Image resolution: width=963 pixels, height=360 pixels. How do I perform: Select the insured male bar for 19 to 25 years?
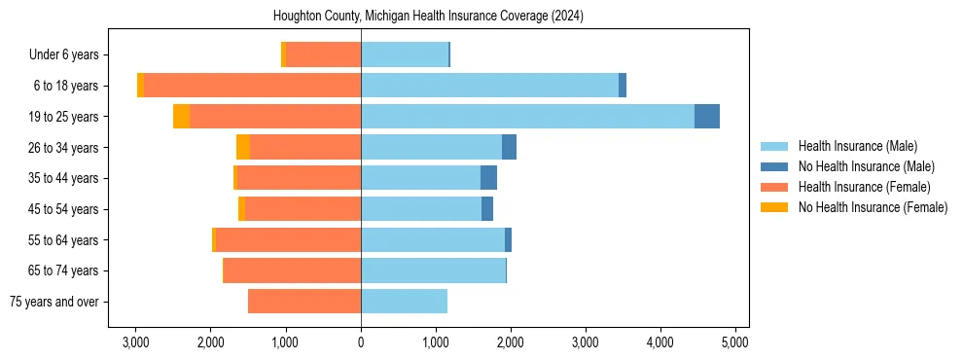[527, 117]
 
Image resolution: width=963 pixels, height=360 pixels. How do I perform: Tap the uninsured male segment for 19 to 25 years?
[707, 117]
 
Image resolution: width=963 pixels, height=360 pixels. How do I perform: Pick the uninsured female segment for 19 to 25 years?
[181, 117]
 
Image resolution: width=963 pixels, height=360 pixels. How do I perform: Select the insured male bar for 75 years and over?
[404, 302]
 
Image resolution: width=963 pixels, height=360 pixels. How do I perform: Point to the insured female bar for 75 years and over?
[304, 302]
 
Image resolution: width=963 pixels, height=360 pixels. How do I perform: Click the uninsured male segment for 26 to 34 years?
[509, 148]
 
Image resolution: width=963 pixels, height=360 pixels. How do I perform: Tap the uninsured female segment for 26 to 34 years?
[242, 148]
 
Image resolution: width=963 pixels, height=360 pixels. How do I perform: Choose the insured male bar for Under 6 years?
[405, 55]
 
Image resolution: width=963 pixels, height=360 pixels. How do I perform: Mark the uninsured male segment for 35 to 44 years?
[488, 178]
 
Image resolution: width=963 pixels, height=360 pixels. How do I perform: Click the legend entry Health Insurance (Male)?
[857, 146]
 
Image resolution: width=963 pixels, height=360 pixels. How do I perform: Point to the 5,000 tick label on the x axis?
[735, 342]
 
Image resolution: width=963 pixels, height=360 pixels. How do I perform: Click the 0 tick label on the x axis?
[361, 342]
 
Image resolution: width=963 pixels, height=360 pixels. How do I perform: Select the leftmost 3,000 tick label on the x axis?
[136, 342]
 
